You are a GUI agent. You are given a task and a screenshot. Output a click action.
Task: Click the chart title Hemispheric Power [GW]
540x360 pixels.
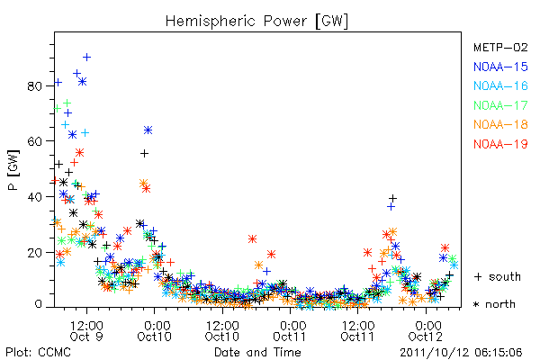tap(256, 22)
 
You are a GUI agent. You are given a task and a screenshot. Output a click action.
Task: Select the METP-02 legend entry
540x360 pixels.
tap(500, 47)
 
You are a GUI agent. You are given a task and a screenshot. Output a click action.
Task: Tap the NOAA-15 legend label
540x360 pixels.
tap(500, 67)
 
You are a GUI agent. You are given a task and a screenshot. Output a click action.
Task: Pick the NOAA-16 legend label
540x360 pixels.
tap(500, 85)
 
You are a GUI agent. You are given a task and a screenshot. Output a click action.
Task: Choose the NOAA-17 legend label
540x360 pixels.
tap(500, 105)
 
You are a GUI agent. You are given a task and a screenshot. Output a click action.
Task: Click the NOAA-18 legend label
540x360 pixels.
tap(500, 124)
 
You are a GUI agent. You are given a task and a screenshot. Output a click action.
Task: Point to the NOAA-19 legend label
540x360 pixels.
tap(500, 144)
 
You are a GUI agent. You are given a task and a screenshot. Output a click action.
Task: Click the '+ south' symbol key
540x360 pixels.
tap(498, 276)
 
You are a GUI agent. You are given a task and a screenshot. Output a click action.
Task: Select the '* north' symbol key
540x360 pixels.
tap(494, 304)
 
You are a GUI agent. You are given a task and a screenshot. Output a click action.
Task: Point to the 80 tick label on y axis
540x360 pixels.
tap(34, 86)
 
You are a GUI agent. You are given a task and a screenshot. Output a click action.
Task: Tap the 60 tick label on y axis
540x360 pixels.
tap(34, 141)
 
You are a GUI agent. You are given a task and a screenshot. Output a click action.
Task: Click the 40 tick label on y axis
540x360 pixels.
tap(34, 197)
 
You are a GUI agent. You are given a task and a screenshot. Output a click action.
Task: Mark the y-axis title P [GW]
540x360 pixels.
tap(13, 170)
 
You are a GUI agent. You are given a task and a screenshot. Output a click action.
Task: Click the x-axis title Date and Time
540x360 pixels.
tap(257, 352)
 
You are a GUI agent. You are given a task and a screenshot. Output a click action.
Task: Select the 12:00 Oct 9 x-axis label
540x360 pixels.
tap(86, 331)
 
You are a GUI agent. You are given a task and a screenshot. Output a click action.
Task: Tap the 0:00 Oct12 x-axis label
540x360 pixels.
tap(426, 331)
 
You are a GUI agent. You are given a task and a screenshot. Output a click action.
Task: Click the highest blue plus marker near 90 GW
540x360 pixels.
tap(86, 58)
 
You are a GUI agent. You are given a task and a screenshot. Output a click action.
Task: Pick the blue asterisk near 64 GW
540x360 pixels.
tap(148, 130)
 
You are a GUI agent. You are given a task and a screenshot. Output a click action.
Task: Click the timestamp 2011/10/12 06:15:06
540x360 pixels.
tap(461, 352)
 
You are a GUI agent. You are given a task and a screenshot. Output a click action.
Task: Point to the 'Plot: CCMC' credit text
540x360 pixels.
tap(38, 352)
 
